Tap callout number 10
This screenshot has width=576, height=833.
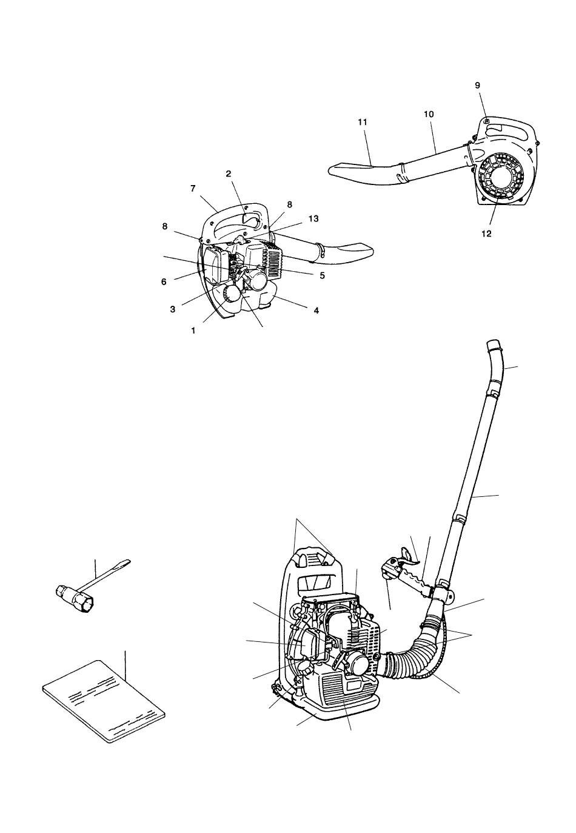point(429,114)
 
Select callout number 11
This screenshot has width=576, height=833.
point(363,121)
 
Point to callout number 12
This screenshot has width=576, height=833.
point(486,234)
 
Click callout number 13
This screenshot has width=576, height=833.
point(313,218)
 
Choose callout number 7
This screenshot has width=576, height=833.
point(192,189)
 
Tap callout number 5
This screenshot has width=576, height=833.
point(322,275)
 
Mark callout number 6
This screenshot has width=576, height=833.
point(164,282)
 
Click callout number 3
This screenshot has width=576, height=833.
point(172,309)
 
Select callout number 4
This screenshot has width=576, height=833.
point(316,310)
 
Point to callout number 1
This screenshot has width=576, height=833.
point(193,330)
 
